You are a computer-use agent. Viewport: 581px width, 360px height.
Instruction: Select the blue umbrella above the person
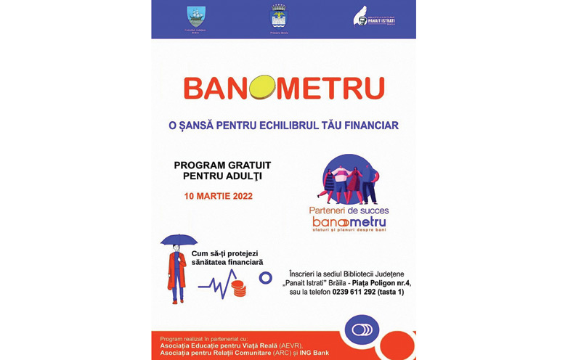(178, 240)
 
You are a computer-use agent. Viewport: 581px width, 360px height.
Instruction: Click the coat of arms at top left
(196, 16)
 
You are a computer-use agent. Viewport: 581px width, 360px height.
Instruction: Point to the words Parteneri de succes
(348, 210)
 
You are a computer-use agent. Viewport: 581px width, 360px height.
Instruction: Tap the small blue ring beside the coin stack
(265, 277)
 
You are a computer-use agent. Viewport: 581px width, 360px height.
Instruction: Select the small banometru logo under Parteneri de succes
(349, 222)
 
